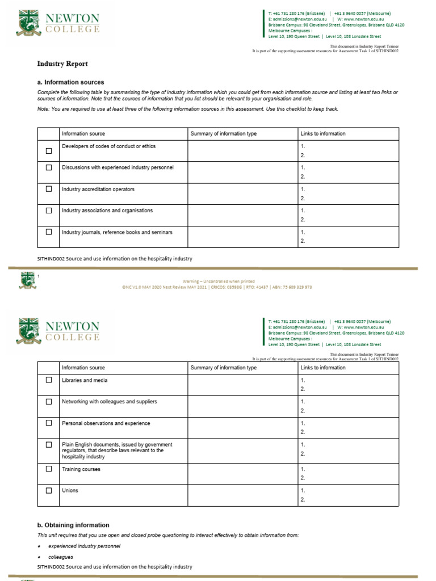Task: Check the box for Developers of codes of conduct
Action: (x=49, y=151)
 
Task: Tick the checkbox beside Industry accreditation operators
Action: (x=49, y=189)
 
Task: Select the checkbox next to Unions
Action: (x=49, y=490)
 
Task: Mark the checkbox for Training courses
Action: (x=49, y=469)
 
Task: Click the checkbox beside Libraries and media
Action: (x=49, y=380)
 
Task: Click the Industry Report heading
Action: (x=62, y=64)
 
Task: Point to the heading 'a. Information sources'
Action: (x=70, y=82)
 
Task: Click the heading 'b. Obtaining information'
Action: (x=73, y=525)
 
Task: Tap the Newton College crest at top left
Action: (x=27, y=23)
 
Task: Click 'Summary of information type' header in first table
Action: (x=224, y=134)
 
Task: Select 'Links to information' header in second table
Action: (x=322, y=368)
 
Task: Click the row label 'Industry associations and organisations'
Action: (x=107, y=210)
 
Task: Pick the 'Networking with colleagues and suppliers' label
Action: (x=110, y=402)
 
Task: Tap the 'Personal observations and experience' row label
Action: (x=106, y=423)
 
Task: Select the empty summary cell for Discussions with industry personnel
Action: (x=242, y=172)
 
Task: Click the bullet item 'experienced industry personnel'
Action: (x=84, y=546)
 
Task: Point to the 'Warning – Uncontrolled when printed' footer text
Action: (x=219, y=281)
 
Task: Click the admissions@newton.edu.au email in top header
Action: (x=297, y=19)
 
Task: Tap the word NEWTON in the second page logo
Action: (x=72, y=327)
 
